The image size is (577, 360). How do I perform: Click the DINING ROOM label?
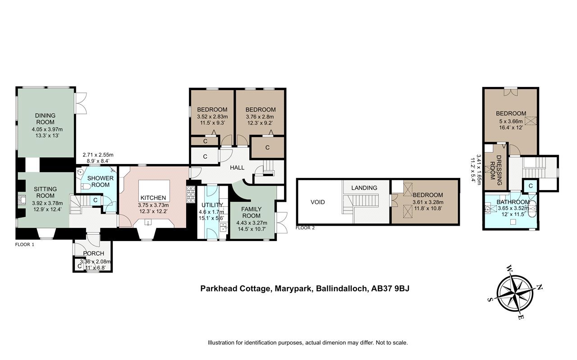45,118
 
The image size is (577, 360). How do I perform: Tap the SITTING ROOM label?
46,192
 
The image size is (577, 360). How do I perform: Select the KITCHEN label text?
153,198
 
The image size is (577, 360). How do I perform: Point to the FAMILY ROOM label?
252,213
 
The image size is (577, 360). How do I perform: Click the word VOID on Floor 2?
318,202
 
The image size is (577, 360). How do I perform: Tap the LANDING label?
364,188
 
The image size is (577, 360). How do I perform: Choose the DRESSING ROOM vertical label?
495,170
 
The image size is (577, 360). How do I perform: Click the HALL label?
237,168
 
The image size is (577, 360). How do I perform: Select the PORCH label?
93,253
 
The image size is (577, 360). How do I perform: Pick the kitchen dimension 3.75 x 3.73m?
153,205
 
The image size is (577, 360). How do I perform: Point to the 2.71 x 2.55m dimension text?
98,155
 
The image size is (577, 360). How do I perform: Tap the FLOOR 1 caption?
25,245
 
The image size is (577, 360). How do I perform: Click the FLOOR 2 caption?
305,228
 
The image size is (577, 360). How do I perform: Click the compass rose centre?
515,293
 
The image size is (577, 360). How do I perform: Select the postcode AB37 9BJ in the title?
390,288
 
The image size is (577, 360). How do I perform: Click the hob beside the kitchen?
191,195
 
